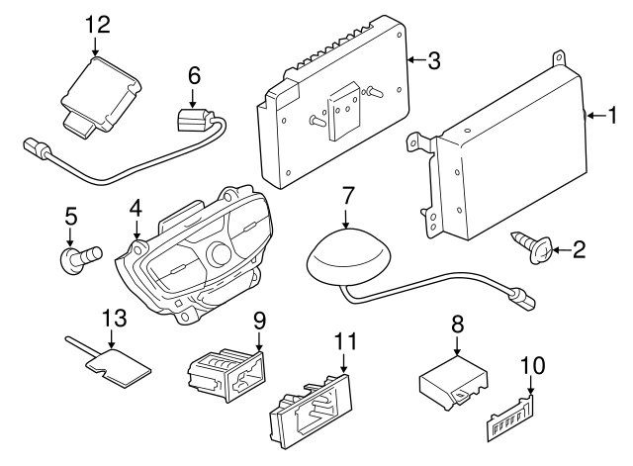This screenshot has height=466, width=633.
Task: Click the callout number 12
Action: coord(99,23)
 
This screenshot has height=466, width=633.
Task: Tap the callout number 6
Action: coord(194,74)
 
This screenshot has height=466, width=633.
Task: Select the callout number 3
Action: coord(433,60)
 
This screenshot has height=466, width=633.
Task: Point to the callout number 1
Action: coord(612,117)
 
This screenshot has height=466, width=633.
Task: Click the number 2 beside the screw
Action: coord(579,249)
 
